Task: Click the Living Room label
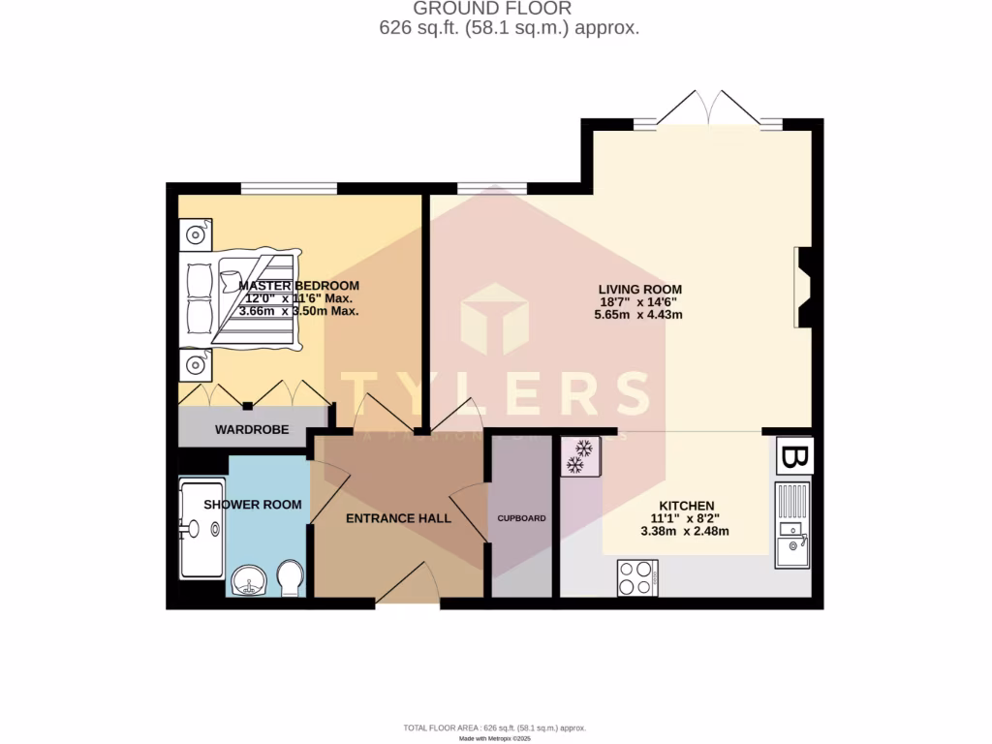point(639,289)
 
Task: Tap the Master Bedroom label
point(298,286)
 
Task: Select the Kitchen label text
point(686,506)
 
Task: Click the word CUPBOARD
point(522,518)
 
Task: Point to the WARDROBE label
point(252,429)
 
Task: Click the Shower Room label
point(252,505)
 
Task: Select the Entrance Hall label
point(398,518)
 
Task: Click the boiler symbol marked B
point(793,456)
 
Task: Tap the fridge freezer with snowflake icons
point(580,456)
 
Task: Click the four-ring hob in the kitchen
point(638,579)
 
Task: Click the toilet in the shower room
point(290,578)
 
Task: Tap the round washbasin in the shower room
point(251,583)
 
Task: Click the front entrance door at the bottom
point(407,589)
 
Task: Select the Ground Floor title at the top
point(509,9)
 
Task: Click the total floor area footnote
point(495,728)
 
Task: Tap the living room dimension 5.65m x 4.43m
point(639,314)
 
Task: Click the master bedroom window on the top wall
point(289,189)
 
